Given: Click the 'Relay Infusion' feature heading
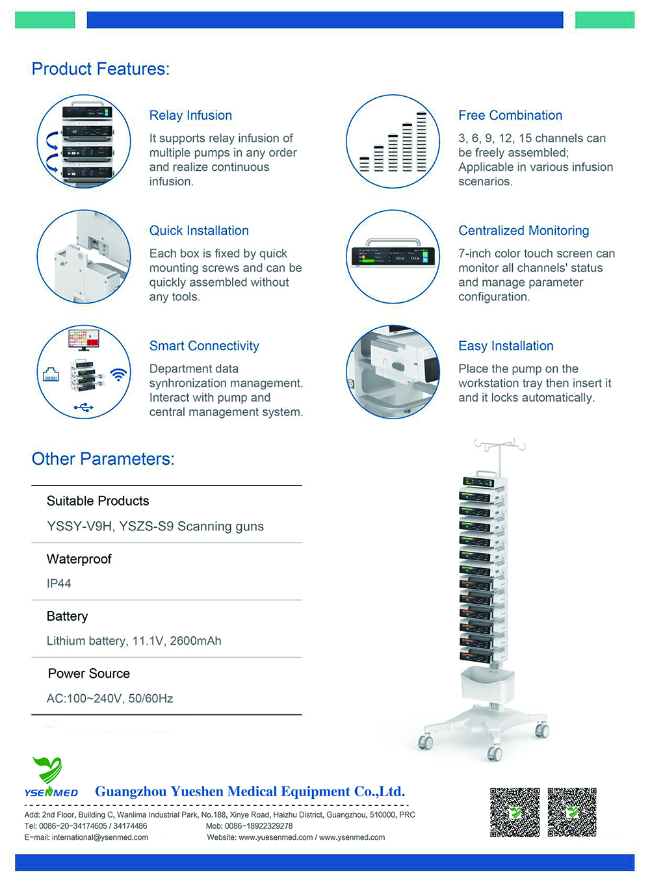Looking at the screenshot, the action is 190,116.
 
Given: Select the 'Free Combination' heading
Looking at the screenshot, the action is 510,116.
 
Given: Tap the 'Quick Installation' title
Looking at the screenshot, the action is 199,230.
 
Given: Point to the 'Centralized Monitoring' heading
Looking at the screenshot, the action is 524,230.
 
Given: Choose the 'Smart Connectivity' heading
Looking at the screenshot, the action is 204,346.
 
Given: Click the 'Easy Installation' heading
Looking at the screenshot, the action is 506,346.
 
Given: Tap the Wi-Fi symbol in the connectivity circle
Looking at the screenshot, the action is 118,374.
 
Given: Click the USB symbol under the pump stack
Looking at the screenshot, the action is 84,407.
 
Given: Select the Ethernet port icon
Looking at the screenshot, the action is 51,374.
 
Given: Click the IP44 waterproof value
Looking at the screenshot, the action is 58,583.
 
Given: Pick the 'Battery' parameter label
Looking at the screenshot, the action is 67,616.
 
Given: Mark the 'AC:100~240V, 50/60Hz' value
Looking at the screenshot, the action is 110,698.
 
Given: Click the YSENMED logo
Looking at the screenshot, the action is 51,777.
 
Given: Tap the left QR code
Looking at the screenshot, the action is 515,812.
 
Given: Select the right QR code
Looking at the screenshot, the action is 572,812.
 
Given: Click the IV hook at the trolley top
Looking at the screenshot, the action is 500,445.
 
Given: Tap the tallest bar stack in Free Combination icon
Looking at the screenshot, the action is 421,142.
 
